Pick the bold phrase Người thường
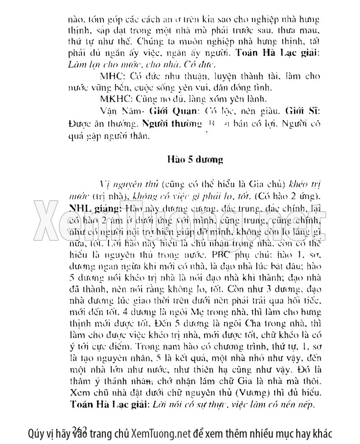(172, 124)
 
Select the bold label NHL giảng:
(90, 209)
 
